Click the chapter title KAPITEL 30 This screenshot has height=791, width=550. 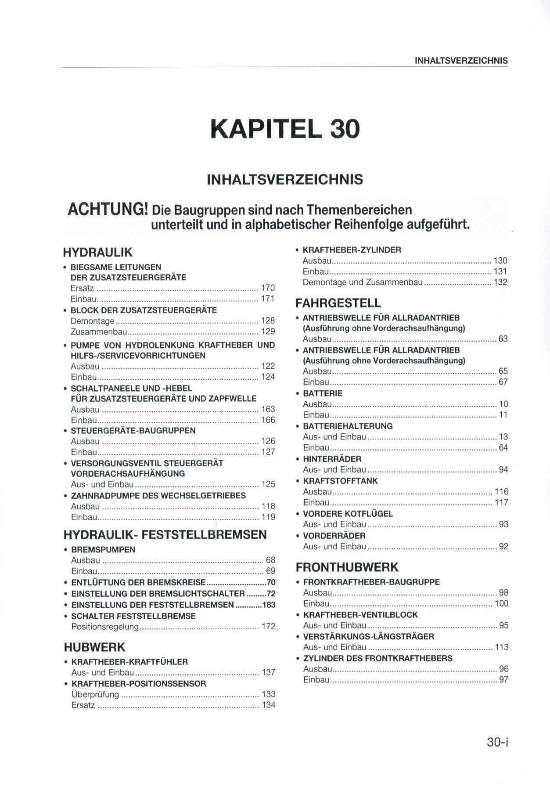[x=285, y=128]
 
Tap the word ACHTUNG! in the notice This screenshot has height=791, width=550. [x=107, y=210]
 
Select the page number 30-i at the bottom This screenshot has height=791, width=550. [x=497, y=742]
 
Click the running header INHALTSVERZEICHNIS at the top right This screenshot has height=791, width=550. [x=461, y=61]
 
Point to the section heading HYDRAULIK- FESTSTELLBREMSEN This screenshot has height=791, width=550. [x=165, y=534]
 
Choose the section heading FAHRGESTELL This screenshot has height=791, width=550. [x=338, y=303]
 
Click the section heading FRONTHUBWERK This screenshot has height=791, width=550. [x=347, y=567]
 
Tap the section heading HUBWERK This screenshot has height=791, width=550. [x=94, y=647]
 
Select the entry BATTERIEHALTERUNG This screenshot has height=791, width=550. [x=348, y=426]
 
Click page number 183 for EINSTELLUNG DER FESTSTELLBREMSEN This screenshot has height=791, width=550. [x=269, y=605]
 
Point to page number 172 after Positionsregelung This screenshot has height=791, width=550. [x=268, y=626]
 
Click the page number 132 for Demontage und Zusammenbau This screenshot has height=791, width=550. [x=500, y=282]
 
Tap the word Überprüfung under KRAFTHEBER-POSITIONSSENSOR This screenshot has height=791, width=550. [x=95, y=694]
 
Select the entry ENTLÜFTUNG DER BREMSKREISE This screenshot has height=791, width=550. [x=138, y=583]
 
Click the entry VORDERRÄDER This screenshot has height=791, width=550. [x=334, y=536]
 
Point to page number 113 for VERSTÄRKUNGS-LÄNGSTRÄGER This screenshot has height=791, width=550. [x=501, y=647]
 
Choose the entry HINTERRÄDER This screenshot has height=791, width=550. [x=332, y=459]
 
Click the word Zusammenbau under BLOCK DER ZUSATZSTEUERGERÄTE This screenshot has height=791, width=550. [x=99, y=331]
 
